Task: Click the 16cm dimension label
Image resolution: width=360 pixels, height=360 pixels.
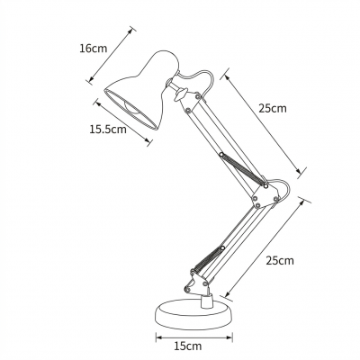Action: (94, 49)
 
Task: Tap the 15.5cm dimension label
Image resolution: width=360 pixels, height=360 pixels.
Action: (108, 130)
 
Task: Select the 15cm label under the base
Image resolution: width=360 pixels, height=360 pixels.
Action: (188, 346)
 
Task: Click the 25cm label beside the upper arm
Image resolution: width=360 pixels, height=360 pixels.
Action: (273, 108)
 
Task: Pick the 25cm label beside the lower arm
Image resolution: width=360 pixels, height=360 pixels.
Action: (280, 260)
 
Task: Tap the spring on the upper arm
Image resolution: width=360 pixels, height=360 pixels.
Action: (243, 169)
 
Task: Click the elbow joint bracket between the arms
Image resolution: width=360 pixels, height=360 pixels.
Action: (265, 195)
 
